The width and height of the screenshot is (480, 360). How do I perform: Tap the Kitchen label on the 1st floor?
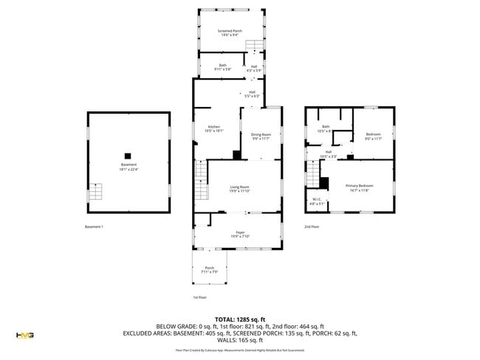[215, 128]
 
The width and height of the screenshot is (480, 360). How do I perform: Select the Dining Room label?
[261, 136]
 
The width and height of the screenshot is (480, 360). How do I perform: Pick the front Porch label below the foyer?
[209, 270]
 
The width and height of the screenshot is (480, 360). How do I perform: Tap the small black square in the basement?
[128, 155]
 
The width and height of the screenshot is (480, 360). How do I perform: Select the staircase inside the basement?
[95, 192]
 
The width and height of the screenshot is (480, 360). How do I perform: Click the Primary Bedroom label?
[361, 187]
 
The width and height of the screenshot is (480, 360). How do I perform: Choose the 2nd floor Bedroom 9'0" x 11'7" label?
[374, 136]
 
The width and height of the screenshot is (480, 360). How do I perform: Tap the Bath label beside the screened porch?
[222, 67]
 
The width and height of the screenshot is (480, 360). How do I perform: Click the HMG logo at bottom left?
[24, 336]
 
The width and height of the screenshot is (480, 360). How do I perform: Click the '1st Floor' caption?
[199, 297]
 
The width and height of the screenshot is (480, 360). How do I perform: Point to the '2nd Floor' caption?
[312, 226]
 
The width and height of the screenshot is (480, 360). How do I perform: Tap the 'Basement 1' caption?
[94, 226]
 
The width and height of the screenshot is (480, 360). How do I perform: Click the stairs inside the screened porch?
[255, 47]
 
